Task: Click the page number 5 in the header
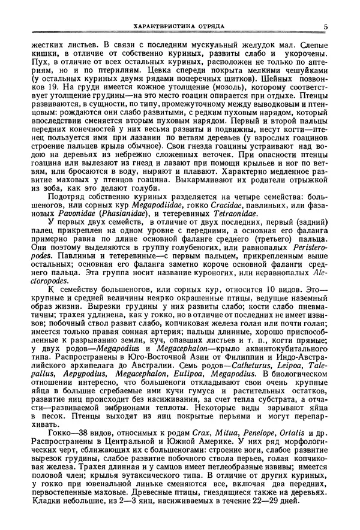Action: tap(325, 26)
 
